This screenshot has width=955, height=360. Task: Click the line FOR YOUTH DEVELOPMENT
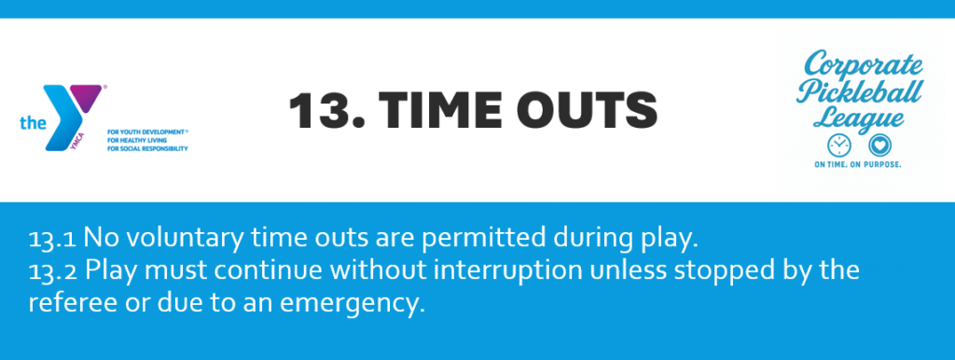click(x=146, y=132)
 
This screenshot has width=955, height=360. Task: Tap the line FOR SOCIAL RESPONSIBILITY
click(x=147, y=148)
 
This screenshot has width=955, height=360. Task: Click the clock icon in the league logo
click(x=838, y=145)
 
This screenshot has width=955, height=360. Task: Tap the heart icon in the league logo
click(x=879, y=145)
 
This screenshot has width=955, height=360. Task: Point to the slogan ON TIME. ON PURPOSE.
click(x=858, y=165)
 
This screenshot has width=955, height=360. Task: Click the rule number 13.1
click(x=52, y=240)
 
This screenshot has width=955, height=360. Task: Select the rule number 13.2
click(x=52, y=270)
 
